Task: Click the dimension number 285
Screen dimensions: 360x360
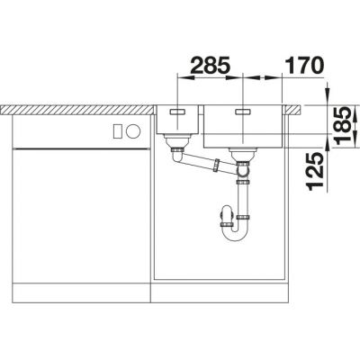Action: [x=210, y=65]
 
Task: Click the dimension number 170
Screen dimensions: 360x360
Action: [x=304, y=65]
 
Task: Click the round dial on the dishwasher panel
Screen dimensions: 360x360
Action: [x=133, y=131]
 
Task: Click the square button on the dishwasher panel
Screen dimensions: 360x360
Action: [x=118, y=131]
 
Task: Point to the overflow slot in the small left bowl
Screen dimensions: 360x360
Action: [x=177, y=112]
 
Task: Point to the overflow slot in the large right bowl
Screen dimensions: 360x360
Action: [x=243, y=112]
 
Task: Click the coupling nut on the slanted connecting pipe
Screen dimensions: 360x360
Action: [x=216, y=166]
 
